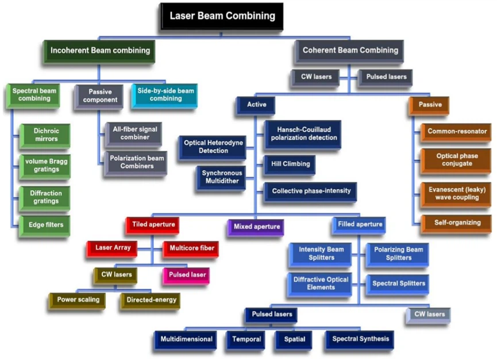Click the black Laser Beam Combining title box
222,17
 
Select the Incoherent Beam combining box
99,51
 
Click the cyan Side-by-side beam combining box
164,95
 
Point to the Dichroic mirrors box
45,136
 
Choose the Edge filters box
45,226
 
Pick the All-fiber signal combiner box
133,134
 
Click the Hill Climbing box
290,164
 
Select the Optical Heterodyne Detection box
213,147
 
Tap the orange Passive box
429,105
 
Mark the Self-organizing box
456,224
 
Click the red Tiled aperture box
152,225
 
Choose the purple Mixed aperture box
256,228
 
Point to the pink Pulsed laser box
186,276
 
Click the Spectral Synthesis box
360,340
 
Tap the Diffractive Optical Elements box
319,285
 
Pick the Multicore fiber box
191,249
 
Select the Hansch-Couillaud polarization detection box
303,135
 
